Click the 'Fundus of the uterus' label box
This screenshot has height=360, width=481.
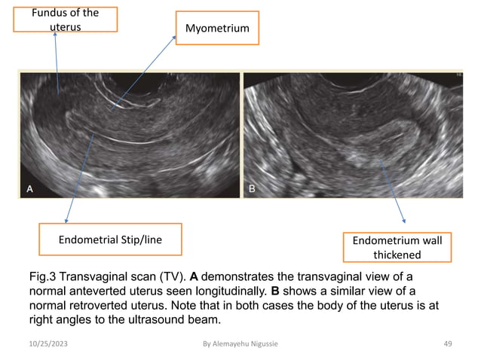pos(66,20)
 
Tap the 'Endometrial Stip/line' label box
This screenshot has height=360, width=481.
pos(111,239)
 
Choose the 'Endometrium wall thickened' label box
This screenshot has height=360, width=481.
pos(397,246)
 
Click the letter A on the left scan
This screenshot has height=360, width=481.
pos(30,191)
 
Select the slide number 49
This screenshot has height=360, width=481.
pos(447,344)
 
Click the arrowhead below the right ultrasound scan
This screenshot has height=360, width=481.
pos(404,221)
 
